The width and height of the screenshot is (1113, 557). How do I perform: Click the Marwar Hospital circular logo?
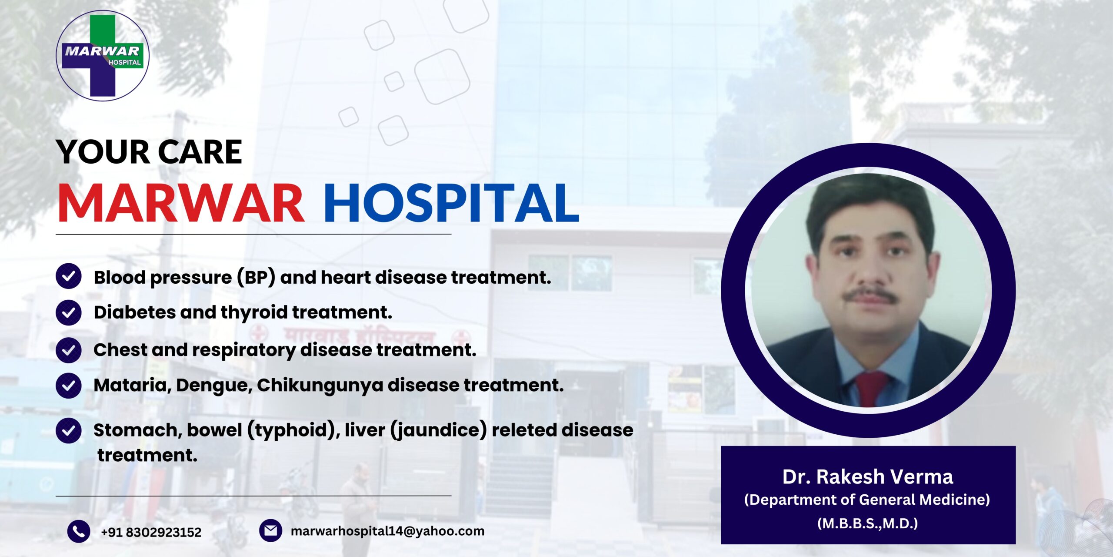(x=103, y=56)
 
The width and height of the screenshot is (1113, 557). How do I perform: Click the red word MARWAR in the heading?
(x=181, y=203)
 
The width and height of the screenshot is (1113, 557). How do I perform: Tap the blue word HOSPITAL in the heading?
(x=452, y=203)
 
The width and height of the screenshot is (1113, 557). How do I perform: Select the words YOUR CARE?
(x=149, y=152)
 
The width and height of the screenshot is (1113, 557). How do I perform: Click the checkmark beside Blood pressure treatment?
(x=69, y=276)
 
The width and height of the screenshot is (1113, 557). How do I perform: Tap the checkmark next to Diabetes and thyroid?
(x=69, y=312)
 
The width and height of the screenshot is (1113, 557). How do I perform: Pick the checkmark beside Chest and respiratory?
(x=69, y=350)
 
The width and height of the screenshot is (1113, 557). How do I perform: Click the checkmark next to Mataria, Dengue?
(x=69, y=386)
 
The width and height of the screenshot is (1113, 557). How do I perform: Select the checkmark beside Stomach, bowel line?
(x=69, y=430)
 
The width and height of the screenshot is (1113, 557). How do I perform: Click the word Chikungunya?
(x=320, y=386)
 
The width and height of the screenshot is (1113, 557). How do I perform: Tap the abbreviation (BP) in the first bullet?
(x=256, y=278)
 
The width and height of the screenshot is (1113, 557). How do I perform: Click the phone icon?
(x=79, y=531)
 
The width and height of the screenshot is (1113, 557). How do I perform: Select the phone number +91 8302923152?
(x=151, y=532)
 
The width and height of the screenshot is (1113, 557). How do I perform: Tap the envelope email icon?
(x=270, y=530)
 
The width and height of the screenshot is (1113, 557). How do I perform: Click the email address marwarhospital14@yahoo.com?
(x=387, y=531)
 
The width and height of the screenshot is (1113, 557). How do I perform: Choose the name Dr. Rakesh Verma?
(x=868, y=477)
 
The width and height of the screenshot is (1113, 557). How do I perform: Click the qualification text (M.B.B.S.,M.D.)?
(x=868, y=523)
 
